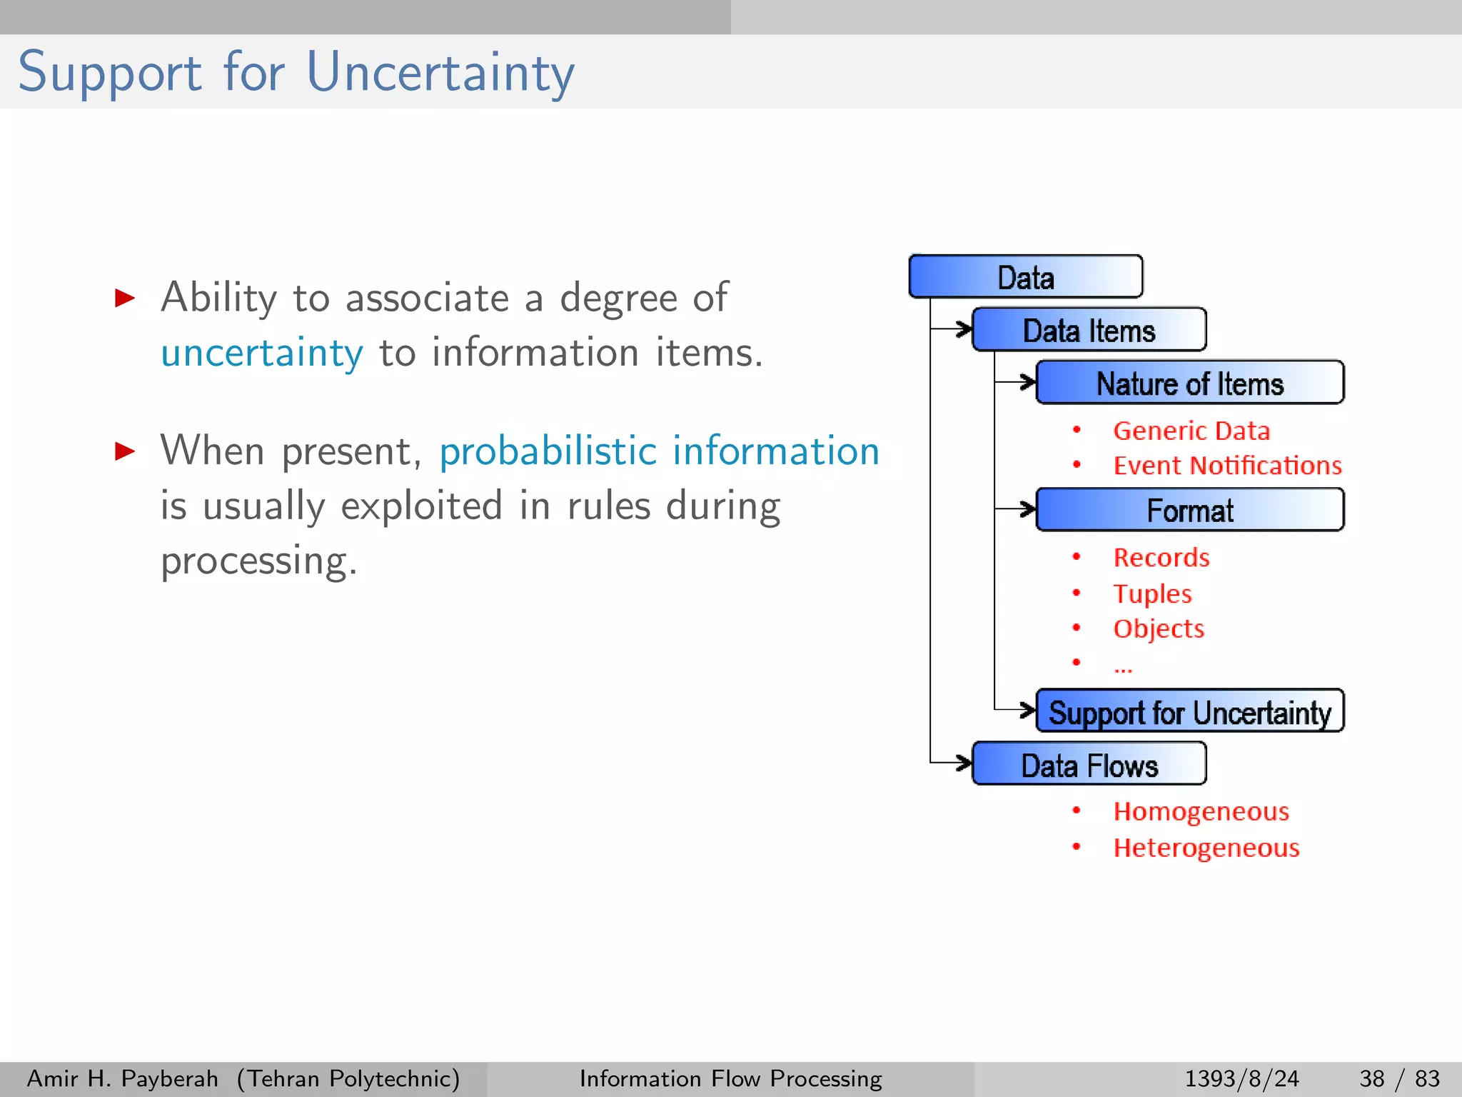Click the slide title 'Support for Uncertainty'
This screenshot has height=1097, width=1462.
click(x=296, y=72)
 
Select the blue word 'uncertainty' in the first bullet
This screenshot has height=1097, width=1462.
click(x=261, y=353)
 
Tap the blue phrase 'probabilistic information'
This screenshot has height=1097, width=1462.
click(x=659, y=451)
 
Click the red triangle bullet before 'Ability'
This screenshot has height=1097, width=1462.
click(x=125, y=298)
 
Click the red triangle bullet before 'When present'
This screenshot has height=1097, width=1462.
click(x=125, y=451)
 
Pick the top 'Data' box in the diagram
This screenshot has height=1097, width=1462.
click(x=1025, y=277)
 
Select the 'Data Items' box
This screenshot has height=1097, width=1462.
click(x=1089, y=331)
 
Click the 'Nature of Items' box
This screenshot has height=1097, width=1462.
click(x=1189, y=384)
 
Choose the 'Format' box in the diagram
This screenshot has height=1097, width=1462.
click(x=1189, y=511)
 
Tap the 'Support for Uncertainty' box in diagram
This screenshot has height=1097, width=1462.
click(x=1189, y=712)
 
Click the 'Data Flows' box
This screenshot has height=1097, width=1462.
click(x=1089, y=765)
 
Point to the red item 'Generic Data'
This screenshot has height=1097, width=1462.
click(x=1191, y=431)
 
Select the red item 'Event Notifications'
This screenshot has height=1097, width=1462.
click(x=1227, y=466)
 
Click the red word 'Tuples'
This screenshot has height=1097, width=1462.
click(x=1152, y=593)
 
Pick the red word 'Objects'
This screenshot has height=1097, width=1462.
click(x=1159, y=628)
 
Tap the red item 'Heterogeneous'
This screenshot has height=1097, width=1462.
click(x=1206, y=848)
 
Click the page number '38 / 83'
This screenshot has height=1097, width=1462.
click(x=1399, y=1078)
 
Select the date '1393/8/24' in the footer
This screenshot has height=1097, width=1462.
click(x=1241, y=1078)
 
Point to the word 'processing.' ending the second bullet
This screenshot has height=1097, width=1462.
click(x=258, y=561)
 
